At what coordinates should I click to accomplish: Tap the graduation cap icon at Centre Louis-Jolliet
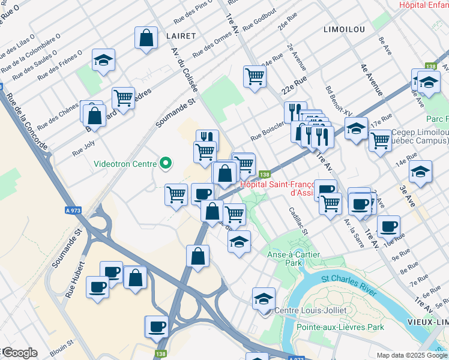(x=264, y=298)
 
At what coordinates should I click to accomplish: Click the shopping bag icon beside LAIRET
(x=146, y=38)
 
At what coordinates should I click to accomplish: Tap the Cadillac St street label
(x=298, y=222)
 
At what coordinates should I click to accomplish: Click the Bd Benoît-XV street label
(x=337, y=101)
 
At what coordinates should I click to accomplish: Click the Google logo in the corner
(x=19, y=353)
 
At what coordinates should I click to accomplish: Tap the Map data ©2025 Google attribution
(x=412, y=355)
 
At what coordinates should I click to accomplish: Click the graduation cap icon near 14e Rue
(x=420, y=171)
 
